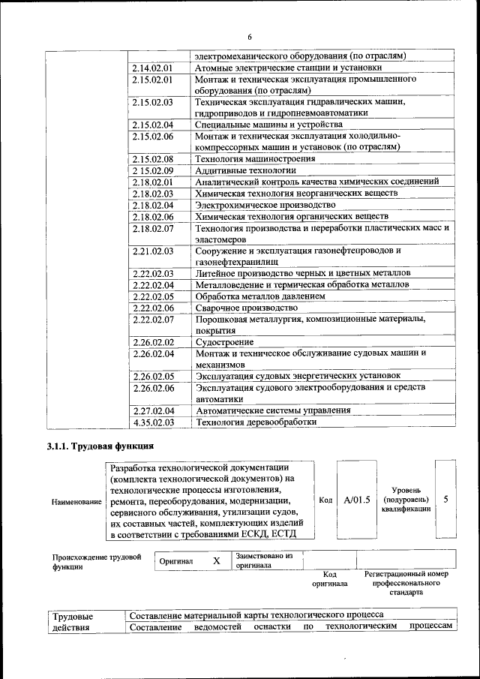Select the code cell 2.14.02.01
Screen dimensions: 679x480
(x=152, y=67)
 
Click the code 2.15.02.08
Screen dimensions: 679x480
(x=152, y=159)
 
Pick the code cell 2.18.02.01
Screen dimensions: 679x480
(x=152, y=182)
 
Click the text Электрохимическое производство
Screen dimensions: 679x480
(x=265, y=205)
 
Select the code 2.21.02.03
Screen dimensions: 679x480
(x=152, y=251)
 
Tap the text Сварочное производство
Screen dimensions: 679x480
(x=241, y=308)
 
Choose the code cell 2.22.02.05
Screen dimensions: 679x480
(x=152, y=296)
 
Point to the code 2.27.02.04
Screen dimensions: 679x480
(x=152, y=410)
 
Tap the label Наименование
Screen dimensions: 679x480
(x=76, y=500)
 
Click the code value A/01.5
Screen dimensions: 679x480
(x=356, y=499)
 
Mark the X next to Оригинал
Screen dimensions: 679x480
(x=217, y=560)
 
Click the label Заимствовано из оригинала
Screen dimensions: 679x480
(x=264, y=560)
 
